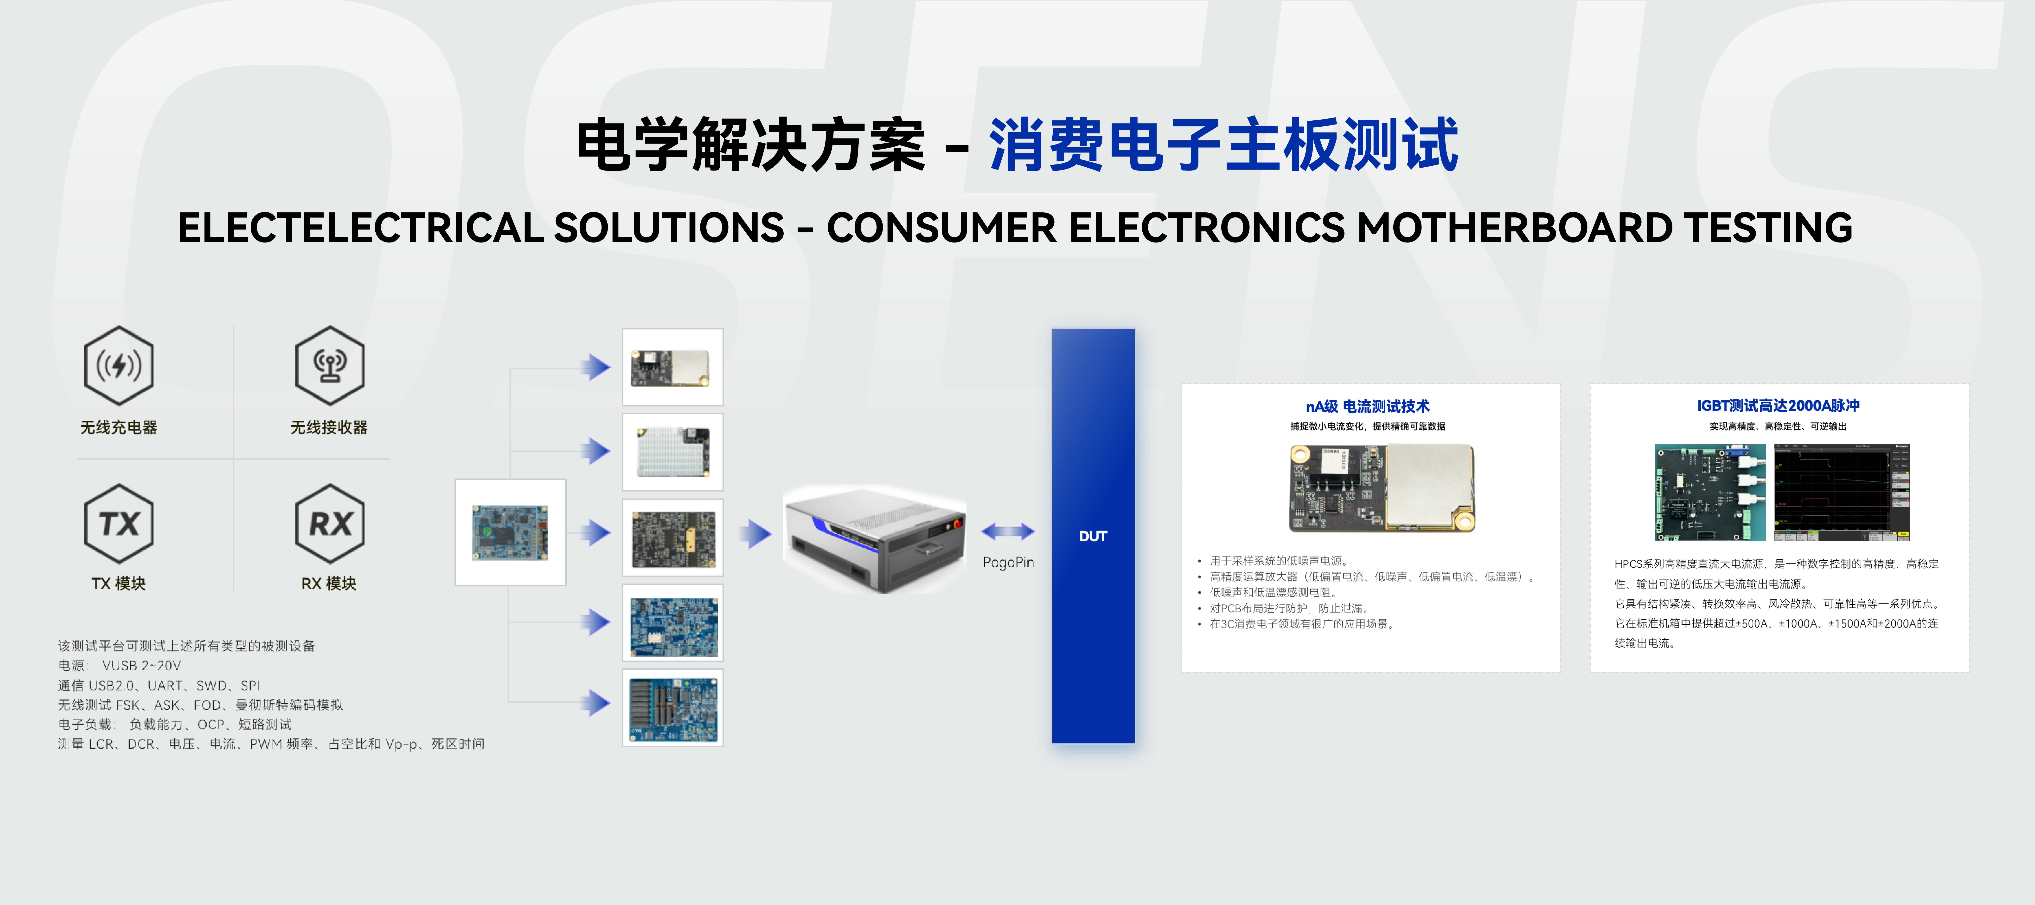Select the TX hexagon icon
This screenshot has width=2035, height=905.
coord(119,523)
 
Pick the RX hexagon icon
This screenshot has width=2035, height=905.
coord(329,523)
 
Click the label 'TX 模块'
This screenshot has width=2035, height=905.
coord(119,583)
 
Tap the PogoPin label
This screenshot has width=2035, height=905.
coord(1008,562)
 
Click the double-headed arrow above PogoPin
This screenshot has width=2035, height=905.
coord(1008,531)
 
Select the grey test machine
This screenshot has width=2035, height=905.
coord(875,539)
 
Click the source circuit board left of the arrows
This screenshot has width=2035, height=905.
coord(510,532)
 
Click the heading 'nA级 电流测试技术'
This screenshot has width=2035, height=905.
coord(1368,406)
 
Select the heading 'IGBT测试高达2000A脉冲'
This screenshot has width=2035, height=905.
coord(1778,406)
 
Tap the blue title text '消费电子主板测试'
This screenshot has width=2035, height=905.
coord(1223,145)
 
